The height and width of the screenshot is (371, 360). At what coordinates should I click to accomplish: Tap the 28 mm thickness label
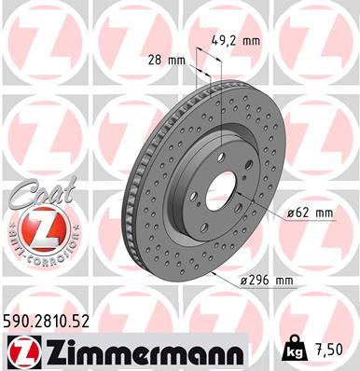(x=168, y=59)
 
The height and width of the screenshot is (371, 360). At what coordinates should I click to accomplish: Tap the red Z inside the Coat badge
(x=40, y=227)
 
